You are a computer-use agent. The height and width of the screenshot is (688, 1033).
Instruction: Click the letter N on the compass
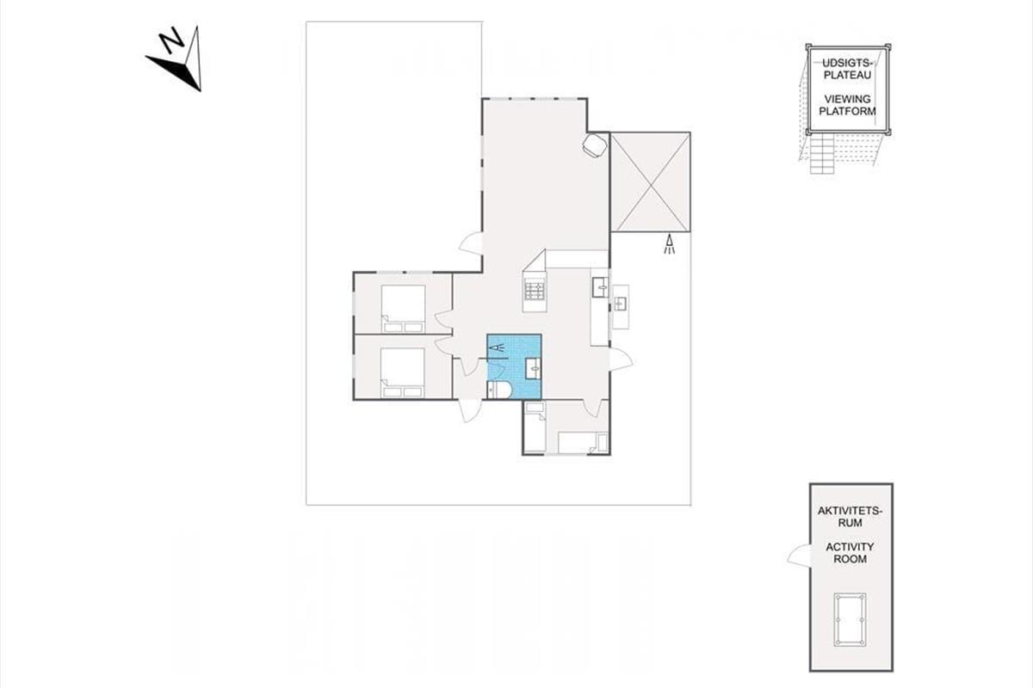[x=171, y=40]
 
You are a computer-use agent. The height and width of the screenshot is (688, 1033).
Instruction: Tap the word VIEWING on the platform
[x=848, y=99]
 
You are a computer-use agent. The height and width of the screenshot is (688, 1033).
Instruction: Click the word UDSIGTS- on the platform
[x=848, y=63]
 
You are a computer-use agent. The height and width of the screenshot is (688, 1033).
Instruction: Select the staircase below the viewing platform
[x=823, y=153]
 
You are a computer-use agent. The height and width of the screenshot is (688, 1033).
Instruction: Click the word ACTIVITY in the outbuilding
[x=850, y=547]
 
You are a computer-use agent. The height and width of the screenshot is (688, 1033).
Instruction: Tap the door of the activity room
[x=799, y=555]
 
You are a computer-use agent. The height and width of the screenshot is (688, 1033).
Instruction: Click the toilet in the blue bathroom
[x=499, y=390]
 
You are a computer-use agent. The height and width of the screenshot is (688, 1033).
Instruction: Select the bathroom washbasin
[x=534, y=368]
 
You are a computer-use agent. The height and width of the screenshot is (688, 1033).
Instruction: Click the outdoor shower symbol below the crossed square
[x=669, y=243]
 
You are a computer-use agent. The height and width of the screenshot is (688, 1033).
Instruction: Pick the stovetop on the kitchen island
[x=535, y=292]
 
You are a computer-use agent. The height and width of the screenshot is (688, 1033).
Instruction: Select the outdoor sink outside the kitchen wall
[x=621, y=304]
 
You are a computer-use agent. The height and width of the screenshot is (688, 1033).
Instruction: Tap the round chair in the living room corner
[x=595, y=145]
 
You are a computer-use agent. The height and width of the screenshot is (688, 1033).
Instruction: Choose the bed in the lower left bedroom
[x=402, y=372]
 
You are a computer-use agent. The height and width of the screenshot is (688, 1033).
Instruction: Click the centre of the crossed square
[x=650, y=182]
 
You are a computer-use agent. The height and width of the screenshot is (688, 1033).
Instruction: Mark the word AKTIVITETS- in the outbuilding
[x=850, y=511]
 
